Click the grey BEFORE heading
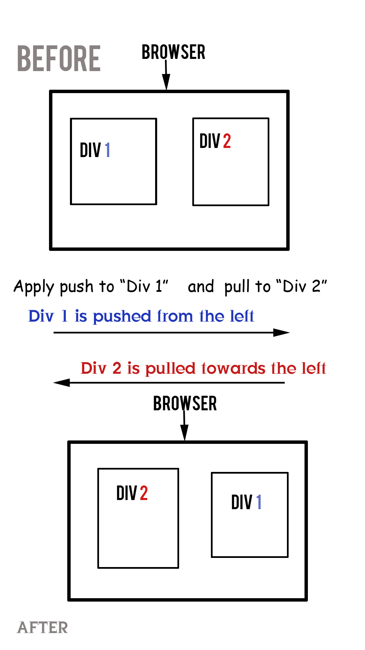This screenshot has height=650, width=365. [59, 59]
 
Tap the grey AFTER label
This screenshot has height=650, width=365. [43, 627]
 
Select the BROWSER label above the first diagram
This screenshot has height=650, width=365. [173, 52]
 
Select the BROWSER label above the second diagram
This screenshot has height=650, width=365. [185, 403]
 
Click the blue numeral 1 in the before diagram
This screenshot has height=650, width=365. [107, 150]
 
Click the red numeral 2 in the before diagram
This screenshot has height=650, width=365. [227, 141]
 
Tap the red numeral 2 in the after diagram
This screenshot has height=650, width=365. [144, 493]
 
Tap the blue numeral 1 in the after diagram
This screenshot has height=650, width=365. [259, 502]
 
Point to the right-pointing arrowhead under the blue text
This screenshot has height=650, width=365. [281, 333]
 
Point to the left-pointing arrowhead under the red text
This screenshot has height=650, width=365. [62, 383]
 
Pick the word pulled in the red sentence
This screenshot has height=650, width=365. [170, 369]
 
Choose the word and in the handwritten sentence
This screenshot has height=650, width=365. [201, 286]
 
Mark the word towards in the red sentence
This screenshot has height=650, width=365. [233, 368]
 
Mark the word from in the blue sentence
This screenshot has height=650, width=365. [175, 316]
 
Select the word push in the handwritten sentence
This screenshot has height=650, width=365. [76, 287]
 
